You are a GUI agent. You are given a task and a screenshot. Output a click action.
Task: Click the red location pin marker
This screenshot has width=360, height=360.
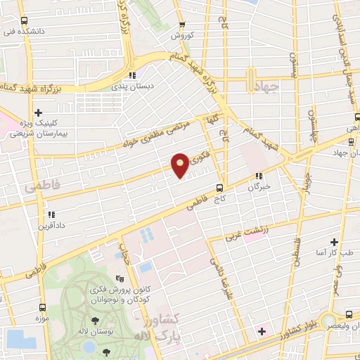tap(180, 165)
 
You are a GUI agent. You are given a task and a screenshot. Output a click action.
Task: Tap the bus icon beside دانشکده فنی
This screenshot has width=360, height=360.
tap(25, 21)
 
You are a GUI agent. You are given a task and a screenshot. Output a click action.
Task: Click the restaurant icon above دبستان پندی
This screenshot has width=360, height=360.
tap(131, 75)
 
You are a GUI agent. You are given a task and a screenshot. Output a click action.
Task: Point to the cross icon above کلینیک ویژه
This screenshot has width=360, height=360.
tap(39, 112)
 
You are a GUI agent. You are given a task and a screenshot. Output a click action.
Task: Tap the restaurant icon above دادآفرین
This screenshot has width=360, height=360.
tap(50, 214)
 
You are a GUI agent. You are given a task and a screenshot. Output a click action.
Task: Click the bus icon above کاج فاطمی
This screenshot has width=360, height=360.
tap(219, 188)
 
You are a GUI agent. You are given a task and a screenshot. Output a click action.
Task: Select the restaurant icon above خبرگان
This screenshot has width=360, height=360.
tap(259, 176)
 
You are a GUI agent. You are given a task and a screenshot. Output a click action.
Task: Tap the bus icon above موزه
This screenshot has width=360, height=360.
tap(44, 307)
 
